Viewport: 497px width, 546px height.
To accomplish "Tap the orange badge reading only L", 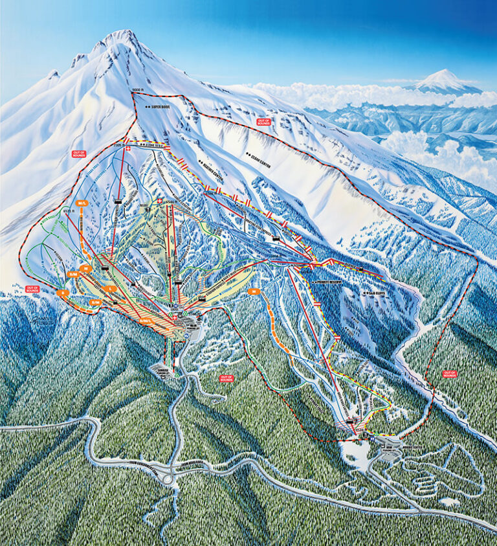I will [x=111, y=289].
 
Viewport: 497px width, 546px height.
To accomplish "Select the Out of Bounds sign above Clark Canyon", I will [x=263, y=121].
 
